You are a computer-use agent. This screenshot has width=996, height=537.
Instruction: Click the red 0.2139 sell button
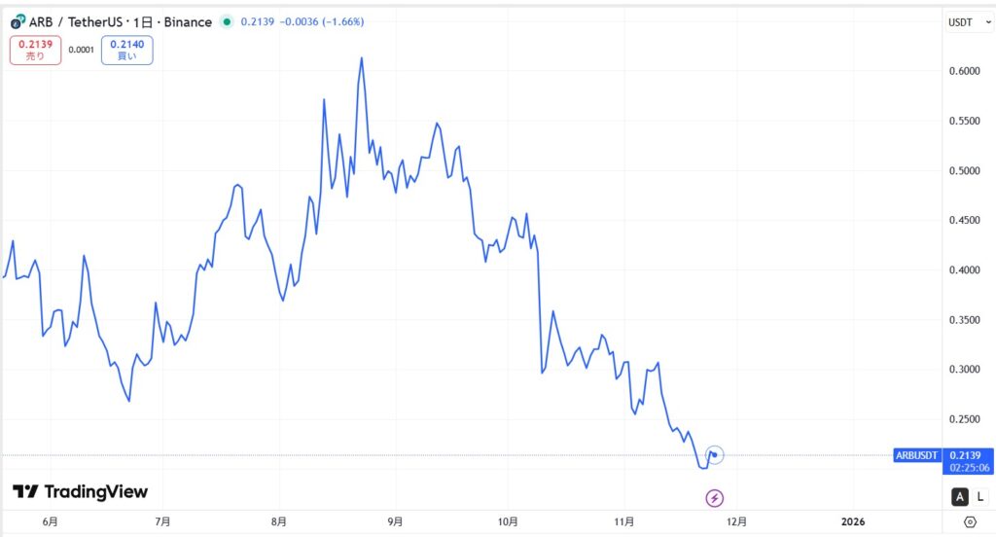(35, 50)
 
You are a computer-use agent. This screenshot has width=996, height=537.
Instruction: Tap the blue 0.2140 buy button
(131, 50)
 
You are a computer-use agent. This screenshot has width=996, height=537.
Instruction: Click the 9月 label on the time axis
(395, 521)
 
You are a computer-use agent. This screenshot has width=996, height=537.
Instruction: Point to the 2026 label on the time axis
(852, 521)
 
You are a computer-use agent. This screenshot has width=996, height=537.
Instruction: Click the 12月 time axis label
(737, 521)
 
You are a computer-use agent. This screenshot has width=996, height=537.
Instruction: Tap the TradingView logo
(81, 491)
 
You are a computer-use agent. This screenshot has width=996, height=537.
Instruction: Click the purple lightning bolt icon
(715, 498)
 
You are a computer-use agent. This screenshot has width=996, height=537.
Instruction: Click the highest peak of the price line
(362, 57)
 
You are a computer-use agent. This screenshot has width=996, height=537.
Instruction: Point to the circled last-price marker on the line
(715, 454)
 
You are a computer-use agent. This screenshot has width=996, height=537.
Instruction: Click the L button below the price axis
(979, 497)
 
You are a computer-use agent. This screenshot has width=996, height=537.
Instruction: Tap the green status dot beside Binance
(227, 21)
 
